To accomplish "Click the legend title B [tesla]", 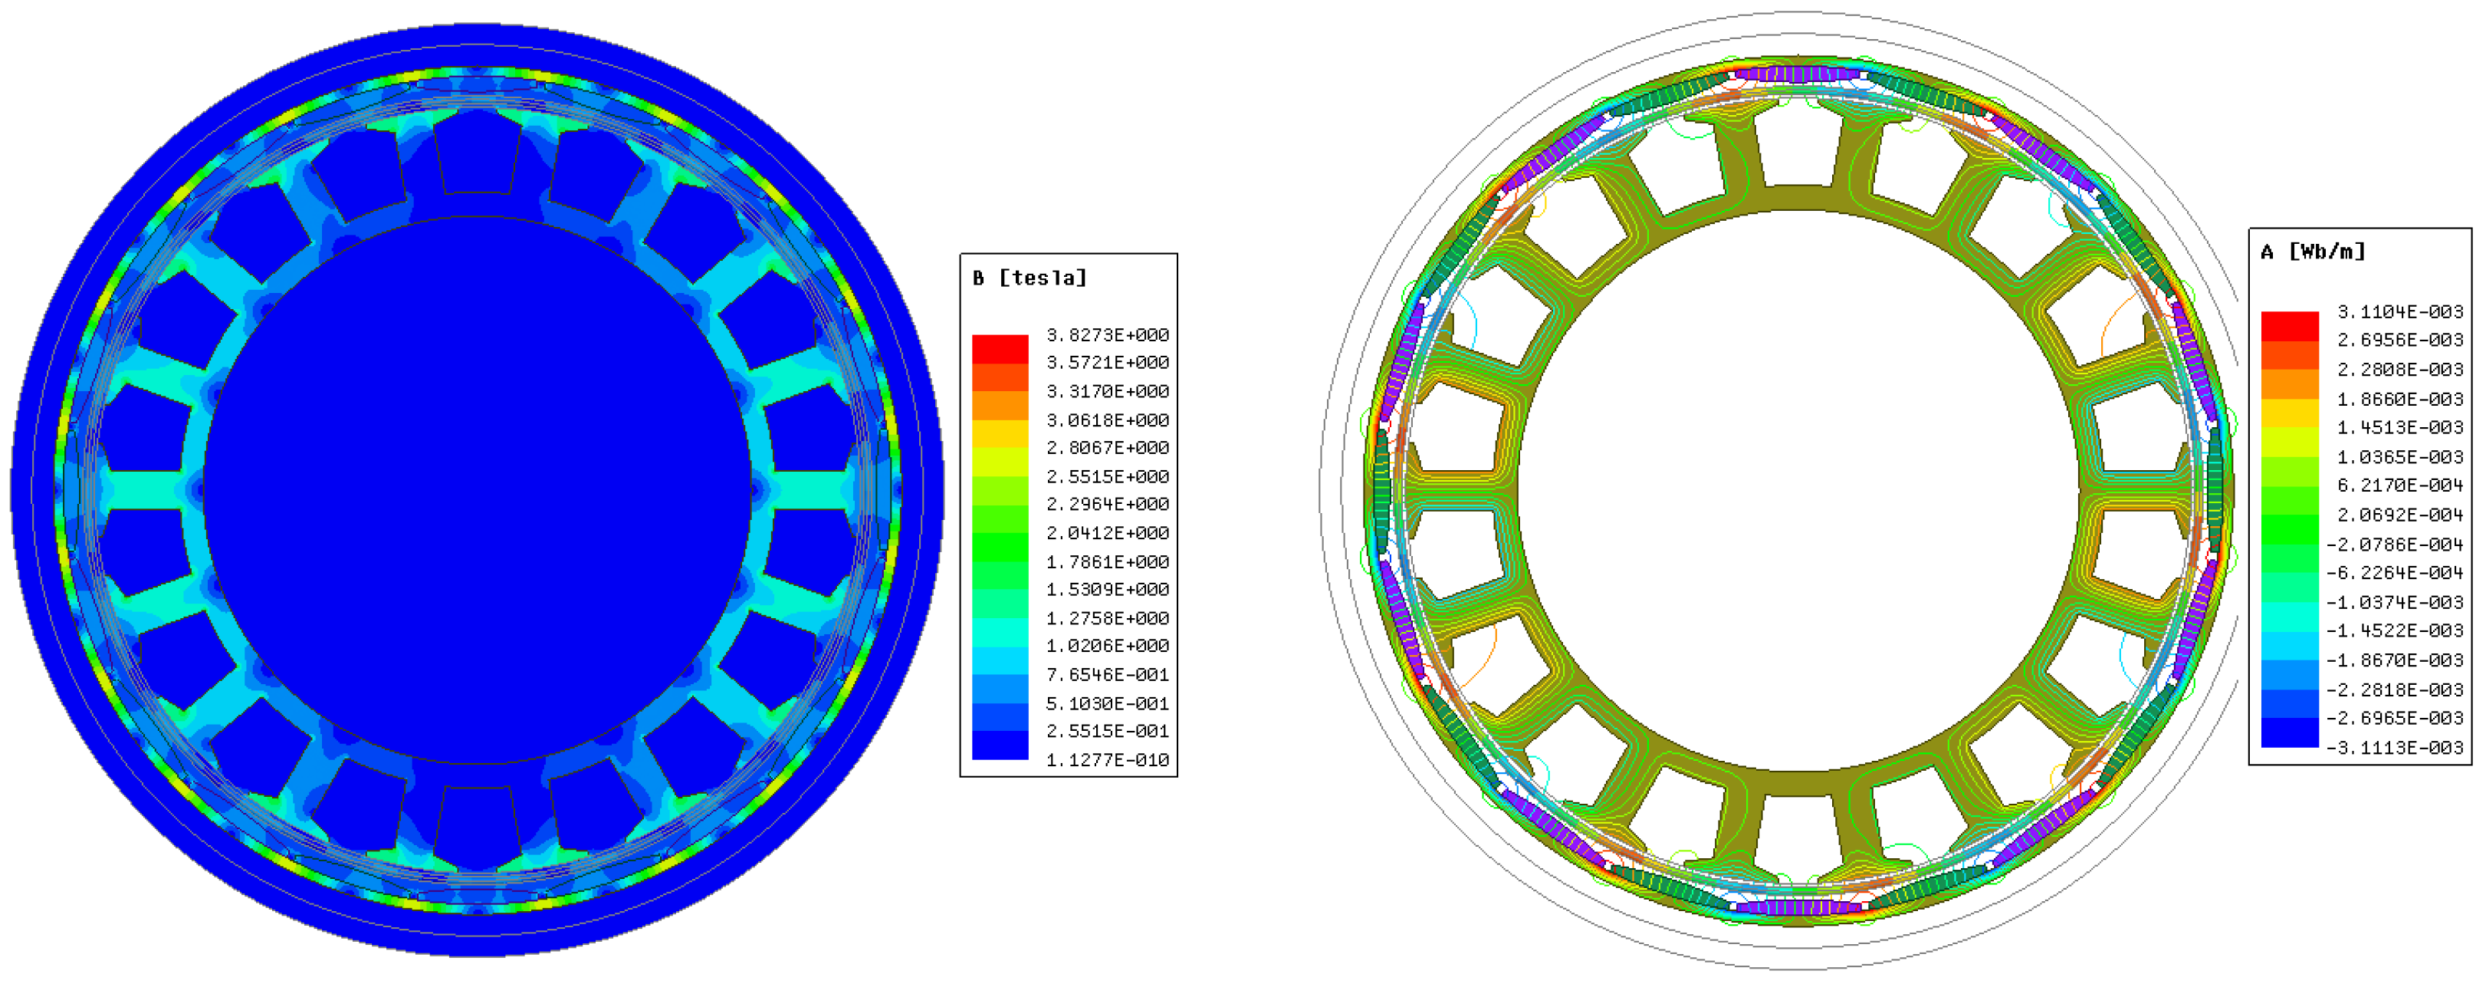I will [x=1030, y=278].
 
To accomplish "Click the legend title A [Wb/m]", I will [x=2312, y=252].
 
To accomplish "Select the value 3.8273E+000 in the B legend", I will [x=1107, y=335].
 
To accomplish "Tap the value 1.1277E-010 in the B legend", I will [x=1107, y=760].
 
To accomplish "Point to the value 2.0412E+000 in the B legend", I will [x=1107, y=533].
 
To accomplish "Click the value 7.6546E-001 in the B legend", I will [x=1107, y=675].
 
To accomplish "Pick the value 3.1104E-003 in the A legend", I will [x=2399, y=312].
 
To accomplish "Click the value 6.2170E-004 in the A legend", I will [x=2399, y=485].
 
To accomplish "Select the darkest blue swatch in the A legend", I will [x=2289, y=733].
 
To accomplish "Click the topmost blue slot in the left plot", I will [x=477, y=152].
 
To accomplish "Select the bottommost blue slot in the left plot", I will [x=477, y=826].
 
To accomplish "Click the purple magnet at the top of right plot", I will [x=1798, y=74].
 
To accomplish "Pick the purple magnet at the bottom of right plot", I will [x=1798, y=908].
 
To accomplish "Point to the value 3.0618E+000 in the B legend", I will [x=1107, y=420].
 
